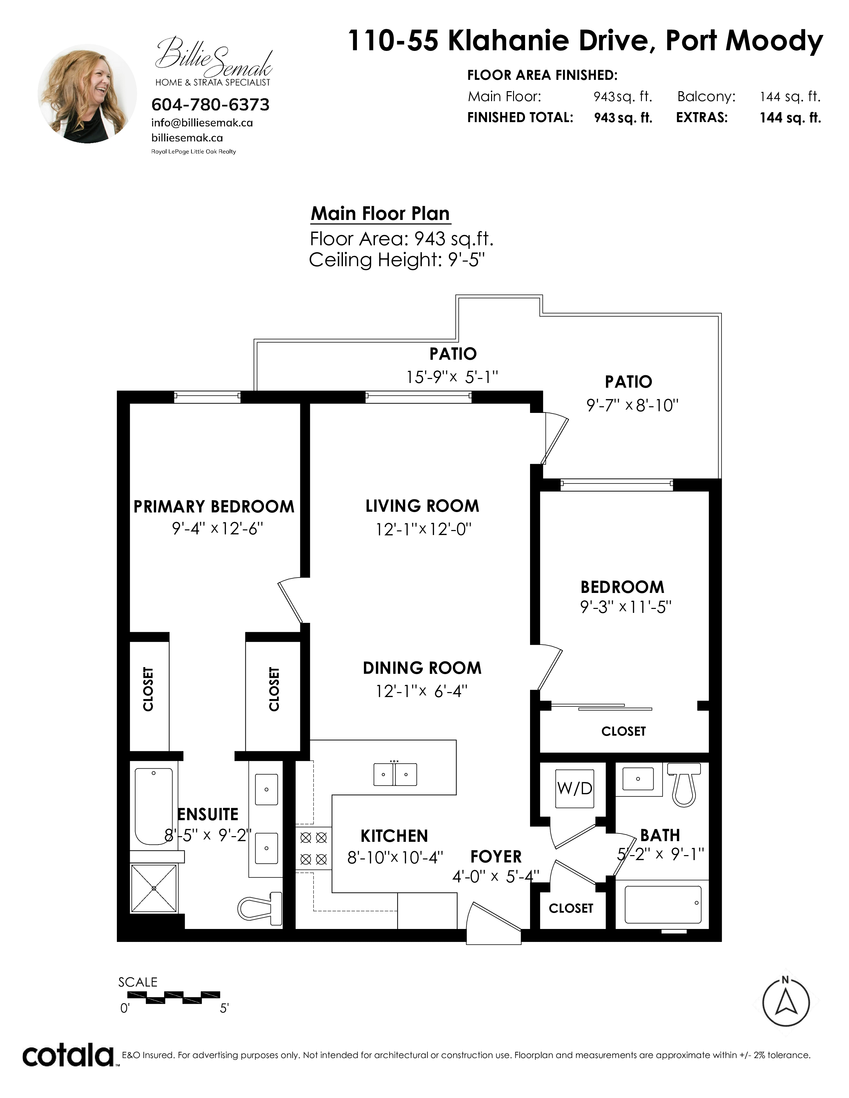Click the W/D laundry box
click(x=575, y=788)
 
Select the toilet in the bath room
click(x=684, y=784)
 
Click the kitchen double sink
click(x=395, y=774)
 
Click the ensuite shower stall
click(x=154, y=888)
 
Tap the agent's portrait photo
click(x=87, y=93)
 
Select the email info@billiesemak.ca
click(x=202, y=123)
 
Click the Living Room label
click(x=422, y=506)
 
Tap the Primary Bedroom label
click(x=214, y=506)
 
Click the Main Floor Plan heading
click(x=380, y=214)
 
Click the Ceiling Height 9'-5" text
click(x=397, y=260)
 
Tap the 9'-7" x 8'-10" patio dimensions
click(x=633, y=405)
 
